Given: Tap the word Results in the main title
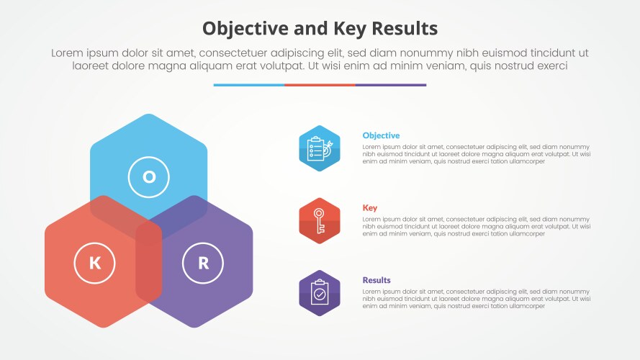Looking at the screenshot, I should click(405, 29).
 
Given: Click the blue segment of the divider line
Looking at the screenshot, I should click(248, 85).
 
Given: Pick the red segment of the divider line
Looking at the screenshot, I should click(320, 85).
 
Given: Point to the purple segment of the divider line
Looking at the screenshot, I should click(390, 85).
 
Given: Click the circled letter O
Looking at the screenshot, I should click(148, 176).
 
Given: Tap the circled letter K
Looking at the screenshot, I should click(95, 264).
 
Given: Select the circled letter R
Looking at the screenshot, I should click(203, 264).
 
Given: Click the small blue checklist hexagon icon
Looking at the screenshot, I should click(320, 148).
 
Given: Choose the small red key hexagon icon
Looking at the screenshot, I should click(320, 221).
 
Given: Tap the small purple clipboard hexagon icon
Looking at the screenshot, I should click(320, 293).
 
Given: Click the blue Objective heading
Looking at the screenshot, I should click(381, 135).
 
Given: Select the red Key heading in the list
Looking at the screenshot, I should click(369, 208).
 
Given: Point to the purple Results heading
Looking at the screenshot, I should click(377, 280).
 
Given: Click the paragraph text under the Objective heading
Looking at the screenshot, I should click(476, 154).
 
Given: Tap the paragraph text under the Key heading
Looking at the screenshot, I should click(476, 226).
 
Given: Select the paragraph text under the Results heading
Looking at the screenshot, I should click(476, 299).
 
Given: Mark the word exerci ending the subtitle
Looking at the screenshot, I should click(548, 66).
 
